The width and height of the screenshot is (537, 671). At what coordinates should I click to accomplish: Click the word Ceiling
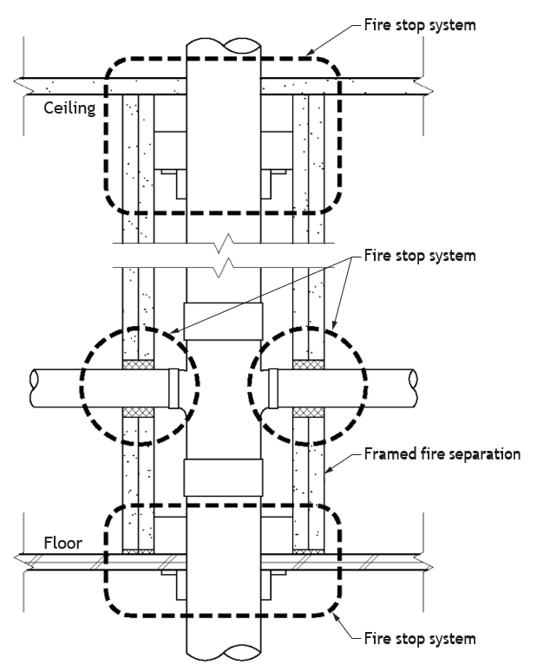tap(69, 107)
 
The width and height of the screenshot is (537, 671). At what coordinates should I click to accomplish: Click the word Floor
tap(63, 543)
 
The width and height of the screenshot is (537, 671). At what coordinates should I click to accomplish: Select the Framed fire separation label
tap(442, 454)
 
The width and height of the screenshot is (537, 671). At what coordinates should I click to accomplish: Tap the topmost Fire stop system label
tap(420, 25)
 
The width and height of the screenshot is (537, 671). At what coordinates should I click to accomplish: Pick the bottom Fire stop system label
tap(420, 638)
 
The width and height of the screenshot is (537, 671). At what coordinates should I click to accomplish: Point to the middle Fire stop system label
tap(420, 256)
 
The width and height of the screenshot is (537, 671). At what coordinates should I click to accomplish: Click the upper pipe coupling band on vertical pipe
tap(223, 322)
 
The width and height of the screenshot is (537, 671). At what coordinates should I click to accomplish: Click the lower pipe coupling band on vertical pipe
tap(223, 478)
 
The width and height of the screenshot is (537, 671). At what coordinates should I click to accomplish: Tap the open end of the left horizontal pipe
tap(34, 388)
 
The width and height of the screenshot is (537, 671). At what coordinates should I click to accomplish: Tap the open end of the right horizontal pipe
tap(413, 388)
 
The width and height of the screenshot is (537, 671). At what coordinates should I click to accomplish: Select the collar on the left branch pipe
tap(174, 388)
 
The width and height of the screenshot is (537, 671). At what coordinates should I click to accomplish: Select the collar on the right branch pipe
tap(273, 388)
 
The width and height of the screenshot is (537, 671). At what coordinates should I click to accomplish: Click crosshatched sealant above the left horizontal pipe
tap(138, 364)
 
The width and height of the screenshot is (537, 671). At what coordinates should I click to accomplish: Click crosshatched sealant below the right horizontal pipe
tap(309, 412)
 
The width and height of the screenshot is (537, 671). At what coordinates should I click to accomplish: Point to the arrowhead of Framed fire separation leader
tap(328, 470)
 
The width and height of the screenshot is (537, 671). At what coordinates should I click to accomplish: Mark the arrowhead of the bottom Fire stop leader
tap(336, 616)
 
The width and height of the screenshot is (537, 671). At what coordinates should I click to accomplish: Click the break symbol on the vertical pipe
tap(224, 256)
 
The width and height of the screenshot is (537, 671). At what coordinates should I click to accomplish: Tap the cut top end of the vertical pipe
tap(224, 46)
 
